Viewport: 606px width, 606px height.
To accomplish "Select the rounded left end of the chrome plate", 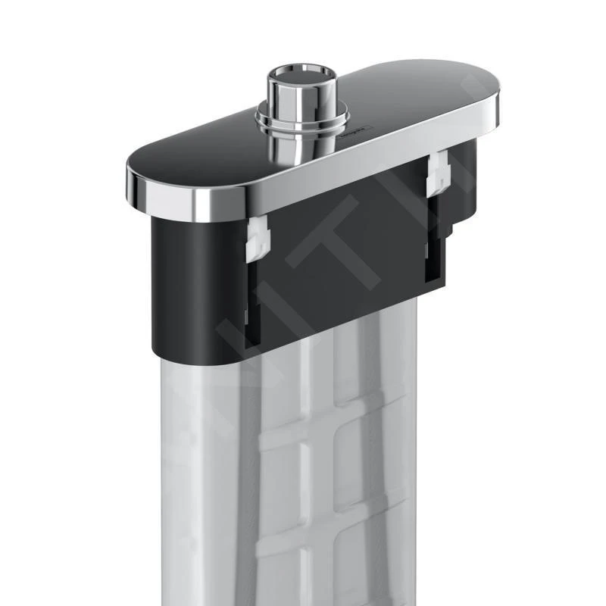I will (140, 182).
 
